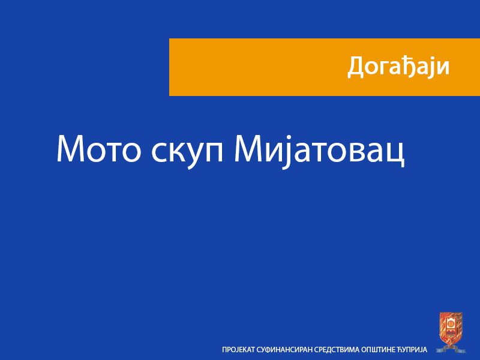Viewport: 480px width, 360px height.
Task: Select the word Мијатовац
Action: point(319,150)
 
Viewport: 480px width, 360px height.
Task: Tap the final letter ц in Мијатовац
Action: point(395,152)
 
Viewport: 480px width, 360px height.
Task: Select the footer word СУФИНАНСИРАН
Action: point(284,349)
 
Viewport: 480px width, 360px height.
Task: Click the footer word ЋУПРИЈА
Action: point(413,349)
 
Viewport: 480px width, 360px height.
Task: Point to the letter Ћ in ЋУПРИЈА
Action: point(401,349)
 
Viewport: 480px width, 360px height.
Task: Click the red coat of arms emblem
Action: point(451,331)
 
